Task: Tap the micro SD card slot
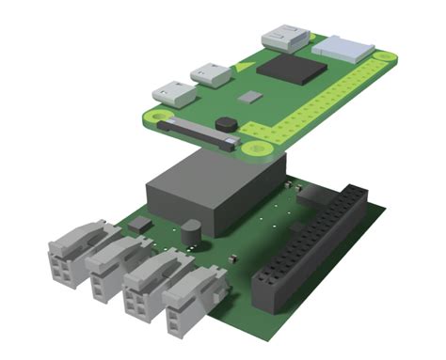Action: (x=342, y=47)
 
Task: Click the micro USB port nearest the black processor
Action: (x=211, y=74)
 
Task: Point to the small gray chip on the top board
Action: (x=248, y=96)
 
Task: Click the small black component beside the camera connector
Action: (x=226, y=122)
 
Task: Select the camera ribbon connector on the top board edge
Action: (x=196, y=133)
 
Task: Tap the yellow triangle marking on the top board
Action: (x=244, y=67)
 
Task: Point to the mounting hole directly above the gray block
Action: (x=250, y=147)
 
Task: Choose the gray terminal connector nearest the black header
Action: (x=195, y=299)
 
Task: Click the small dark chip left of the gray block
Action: (x=139, y=224)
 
